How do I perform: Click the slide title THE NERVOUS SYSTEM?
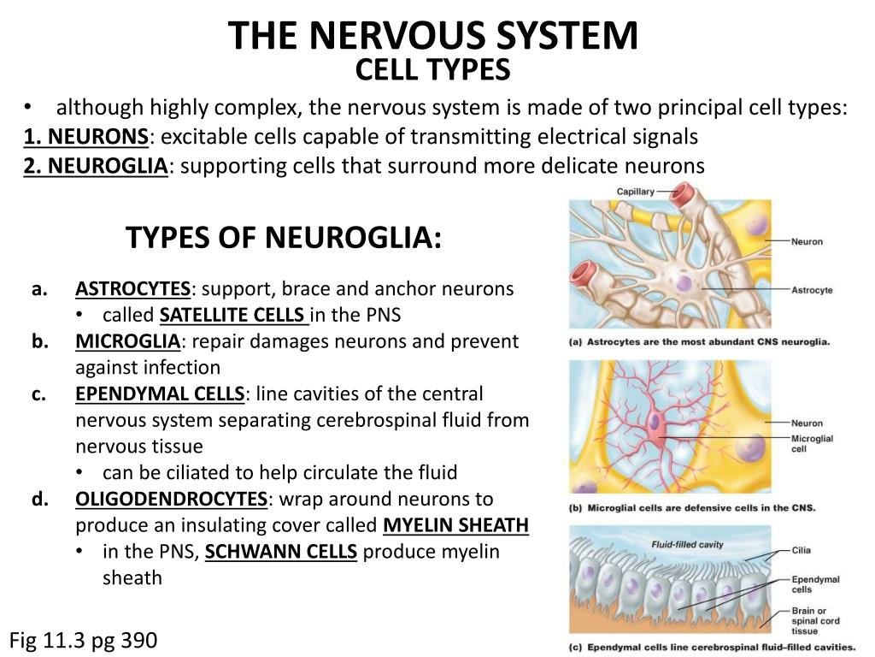(x=432, y=35)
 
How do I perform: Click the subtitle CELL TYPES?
(x=432, y=69)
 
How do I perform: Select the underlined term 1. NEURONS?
(x=86, y=137)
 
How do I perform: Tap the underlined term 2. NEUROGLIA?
(x=96, y=165)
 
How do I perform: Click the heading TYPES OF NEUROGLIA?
(x=284, y=237)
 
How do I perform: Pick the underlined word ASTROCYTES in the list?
(x=132, y=288)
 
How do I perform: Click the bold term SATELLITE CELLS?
(x=234, y=315)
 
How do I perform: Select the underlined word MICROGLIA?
(x=127, y=341)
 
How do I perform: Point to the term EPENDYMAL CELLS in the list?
(x=160, y=394)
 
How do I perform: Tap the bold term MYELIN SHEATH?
(x=456, y=524)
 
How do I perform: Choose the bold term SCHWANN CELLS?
(x=281, y=552)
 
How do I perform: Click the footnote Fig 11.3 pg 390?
(x=84, y=640)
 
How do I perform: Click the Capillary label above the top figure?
(x=636, y=192)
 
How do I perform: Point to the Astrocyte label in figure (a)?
(x=812, y=291)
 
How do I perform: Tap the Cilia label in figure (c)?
(x=802, y=551)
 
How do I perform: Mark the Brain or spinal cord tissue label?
(x=815, y=621)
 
